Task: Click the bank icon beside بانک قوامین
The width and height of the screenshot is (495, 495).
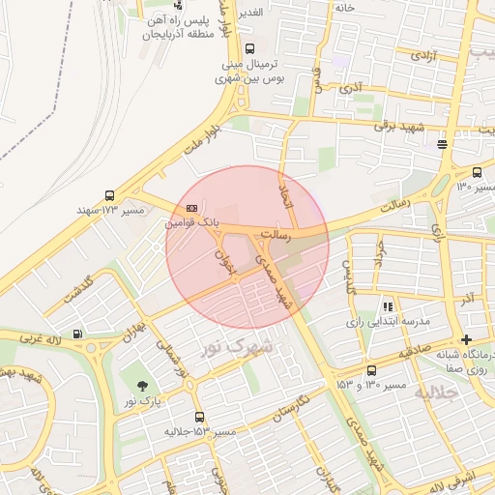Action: (x=190, y=207)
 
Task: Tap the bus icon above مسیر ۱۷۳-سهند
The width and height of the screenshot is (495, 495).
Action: (x=109, y=194)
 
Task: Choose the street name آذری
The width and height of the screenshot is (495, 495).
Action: (x=349, y=87)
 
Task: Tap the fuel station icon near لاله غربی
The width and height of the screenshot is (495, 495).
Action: (x=77, y=336)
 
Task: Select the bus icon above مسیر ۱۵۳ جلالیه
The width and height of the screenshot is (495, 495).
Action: (x=200, y=417)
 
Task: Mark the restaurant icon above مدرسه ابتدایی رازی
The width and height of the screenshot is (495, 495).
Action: (x=387, y=306)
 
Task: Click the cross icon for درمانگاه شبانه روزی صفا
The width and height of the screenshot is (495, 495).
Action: (x=467, y=339)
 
